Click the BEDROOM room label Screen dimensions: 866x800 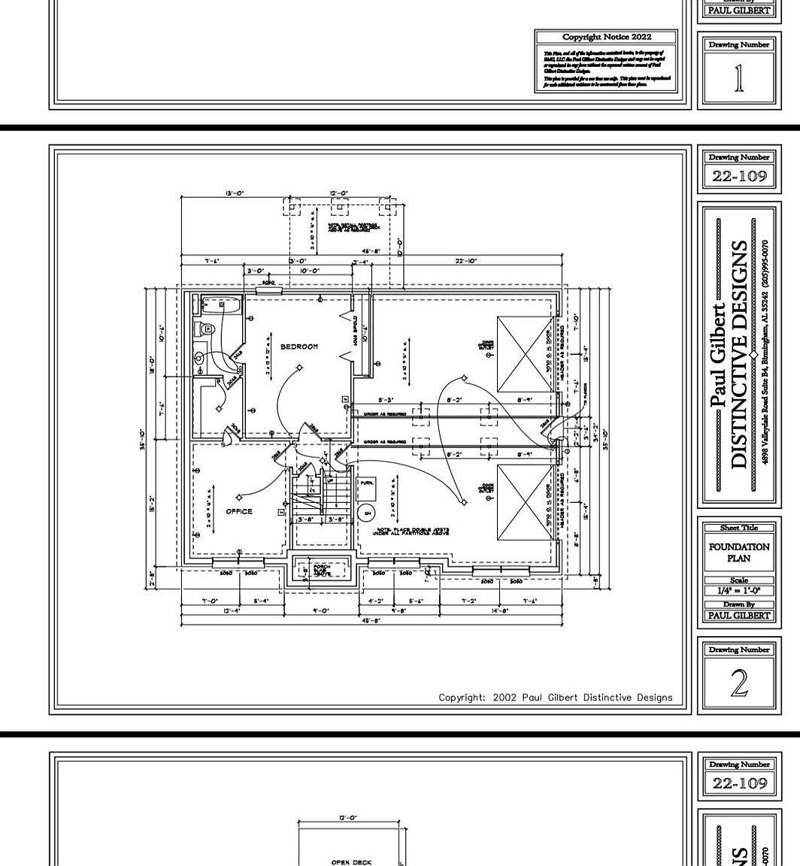tap(299, 347)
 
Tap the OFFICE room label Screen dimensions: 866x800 tap(239, 511)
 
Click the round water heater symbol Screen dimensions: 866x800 tap(367, 513)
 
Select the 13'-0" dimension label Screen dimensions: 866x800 tap(234, 194)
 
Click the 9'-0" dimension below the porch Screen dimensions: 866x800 tap(320, 610)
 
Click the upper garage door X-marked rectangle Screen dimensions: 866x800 tap(525, 353)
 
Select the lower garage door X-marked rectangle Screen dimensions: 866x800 tap(525, 501)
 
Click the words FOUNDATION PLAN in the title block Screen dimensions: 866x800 tap(739, 553)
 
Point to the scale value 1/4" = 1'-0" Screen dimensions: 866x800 tap(739, 591)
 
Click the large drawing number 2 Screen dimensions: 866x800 tap(739, 683)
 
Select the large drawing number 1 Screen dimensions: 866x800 tap(739, 79)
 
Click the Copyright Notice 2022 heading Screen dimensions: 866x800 tap(607, 37)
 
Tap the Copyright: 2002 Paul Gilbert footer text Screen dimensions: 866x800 tap(555, 698)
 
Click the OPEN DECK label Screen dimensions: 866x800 tap(351, 862)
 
